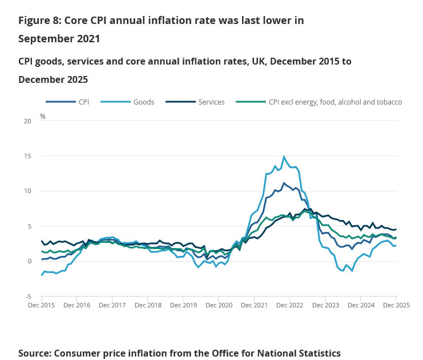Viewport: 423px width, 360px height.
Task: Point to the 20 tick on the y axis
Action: [x=27, y=121]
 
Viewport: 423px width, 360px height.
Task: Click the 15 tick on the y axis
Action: [x=27, y=156]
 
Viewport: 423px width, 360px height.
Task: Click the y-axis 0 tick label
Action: [x=29, y=261]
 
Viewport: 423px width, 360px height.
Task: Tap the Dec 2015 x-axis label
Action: [x=41, y=306]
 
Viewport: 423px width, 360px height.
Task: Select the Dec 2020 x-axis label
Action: [x=219, y=306]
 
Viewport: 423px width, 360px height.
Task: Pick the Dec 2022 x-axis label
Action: [x=289, y=306]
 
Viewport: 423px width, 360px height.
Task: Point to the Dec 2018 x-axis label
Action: [x=148, y=306]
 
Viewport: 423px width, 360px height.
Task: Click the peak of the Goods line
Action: [x=284, y=157]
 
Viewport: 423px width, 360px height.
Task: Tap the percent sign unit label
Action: [x=43, y=116]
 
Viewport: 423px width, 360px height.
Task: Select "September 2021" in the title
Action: [x=59, y=39]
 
